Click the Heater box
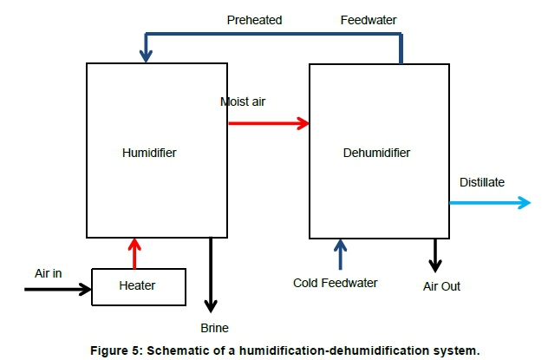138,286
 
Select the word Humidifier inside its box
149,153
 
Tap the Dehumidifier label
376,154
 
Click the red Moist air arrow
268,123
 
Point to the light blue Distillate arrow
489,202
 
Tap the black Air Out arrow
435,254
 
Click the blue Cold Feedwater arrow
341,254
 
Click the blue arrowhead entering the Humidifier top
146,53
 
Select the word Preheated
255,19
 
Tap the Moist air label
243,101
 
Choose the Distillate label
482,182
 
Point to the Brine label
213,328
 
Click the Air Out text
441,285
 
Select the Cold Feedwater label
336,283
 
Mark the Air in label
49,273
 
